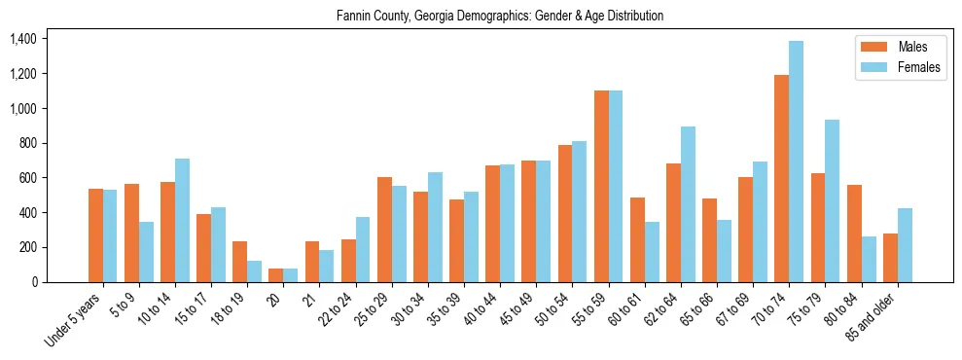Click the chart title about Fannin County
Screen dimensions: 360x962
pos(500,17)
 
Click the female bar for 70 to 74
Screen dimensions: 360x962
pos(797,162)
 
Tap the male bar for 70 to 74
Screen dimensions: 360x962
pos(781,178)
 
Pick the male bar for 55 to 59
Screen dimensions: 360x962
pos(601,186)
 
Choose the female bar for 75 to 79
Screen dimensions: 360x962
pos(833,200)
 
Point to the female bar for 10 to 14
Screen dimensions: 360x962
pos(183,220)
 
